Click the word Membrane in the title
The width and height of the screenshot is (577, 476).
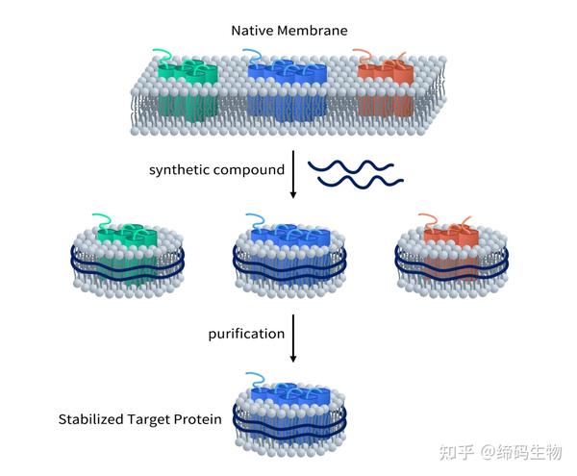[313, 30]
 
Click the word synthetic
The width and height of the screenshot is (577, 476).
[179, 170]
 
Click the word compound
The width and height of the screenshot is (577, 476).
[249, 170]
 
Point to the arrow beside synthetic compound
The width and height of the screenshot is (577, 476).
[293, 174]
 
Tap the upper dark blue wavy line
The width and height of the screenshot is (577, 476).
[351, 166]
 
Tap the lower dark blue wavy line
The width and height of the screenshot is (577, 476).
[361, 182]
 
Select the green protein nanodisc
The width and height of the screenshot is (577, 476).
[127, 256]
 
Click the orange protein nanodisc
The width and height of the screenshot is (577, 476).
[452, 256]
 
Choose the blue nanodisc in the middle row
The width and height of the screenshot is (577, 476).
[289, 256]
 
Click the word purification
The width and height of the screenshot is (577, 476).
[246, 334]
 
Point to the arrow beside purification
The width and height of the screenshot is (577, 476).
[293, 338]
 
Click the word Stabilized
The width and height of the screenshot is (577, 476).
[91, 419]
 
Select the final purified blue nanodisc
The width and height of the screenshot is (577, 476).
[289, 414]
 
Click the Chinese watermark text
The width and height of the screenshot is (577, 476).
[500, 452]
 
